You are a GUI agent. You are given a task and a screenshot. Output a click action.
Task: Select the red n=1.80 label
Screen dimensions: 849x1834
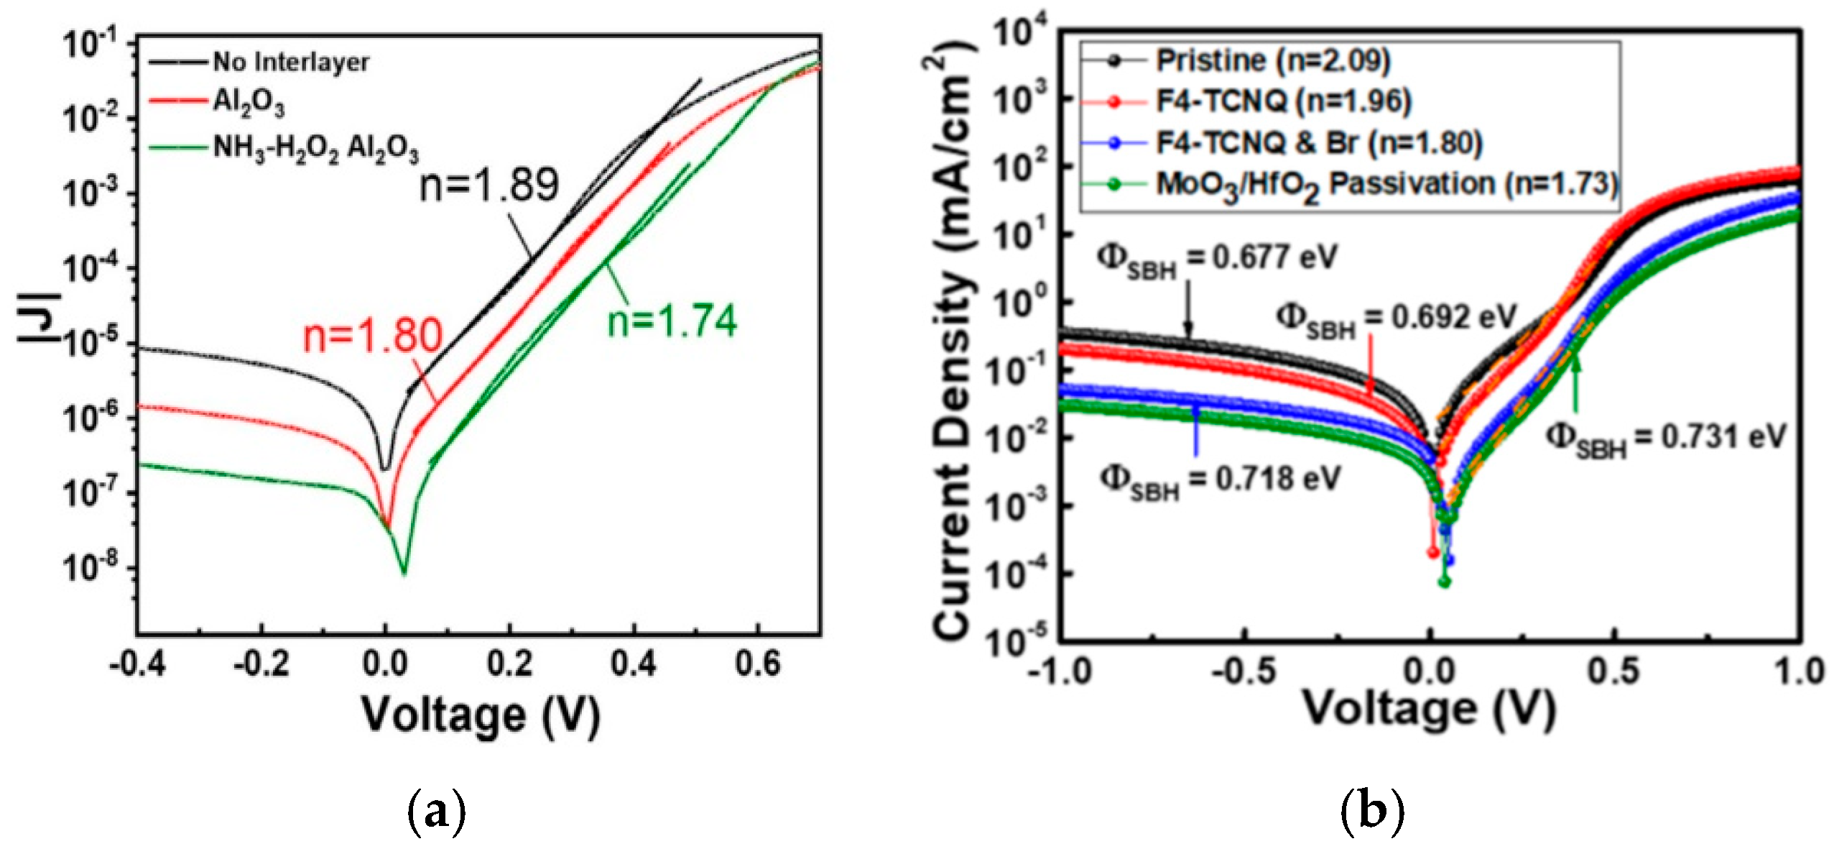(x=372, y=336)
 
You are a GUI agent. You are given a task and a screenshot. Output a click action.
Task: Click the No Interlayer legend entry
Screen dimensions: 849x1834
(x=290, y=63)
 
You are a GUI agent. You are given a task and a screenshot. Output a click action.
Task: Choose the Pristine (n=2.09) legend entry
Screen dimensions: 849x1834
(x=1272, y=60)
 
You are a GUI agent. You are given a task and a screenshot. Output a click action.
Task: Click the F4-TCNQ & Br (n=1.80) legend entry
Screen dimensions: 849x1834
(x=1318, y=143)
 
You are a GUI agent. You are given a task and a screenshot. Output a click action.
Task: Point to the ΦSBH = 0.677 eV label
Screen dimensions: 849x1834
(x=1216, y=260)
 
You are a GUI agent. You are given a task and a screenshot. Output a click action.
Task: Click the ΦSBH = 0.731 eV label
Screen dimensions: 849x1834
(x=1665, y=439)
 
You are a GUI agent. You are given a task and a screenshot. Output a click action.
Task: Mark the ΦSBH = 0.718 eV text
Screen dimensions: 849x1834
(x=1220, y=479)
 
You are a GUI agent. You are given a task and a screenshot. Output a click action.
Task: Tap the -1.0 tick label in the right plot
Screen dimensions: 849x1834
(x=1059, y=672)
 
